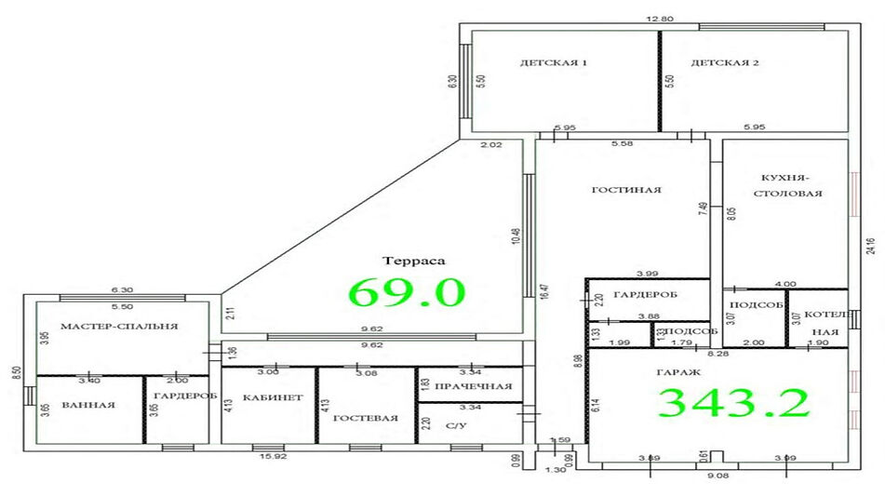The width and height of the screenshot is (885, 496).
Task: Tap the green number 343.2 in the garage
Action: [x=734, y=402]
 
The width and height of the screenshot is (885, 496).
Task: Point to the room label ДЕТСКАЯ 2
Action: [x=725, y=63]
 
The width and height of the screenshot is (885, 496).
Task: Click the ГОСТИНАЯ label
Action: [x=626, y=190]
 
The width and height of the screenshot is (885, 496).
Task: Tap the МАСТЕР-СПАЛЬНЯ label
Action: [x=118, y=327]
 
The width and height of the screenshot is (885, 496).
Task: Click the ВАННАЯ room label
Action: [x=88, y=405]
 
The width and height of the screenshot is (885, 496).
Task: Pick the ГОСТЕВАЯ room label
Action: [x=367, y=418]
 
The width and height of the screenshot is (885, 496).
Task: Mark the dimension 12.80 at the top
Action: [x=661, y=18]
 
